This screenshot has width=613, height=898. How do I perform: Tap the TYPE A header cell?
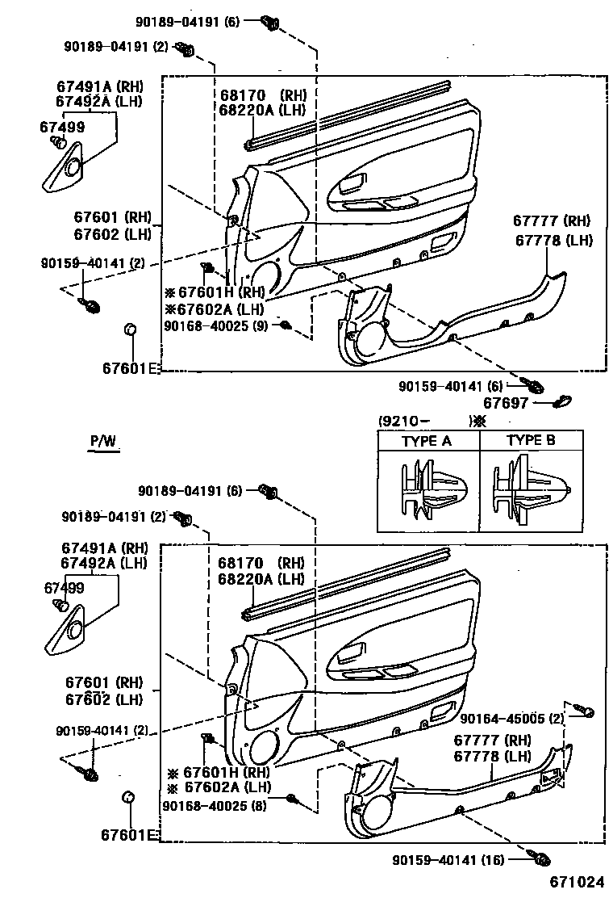click(x=427, y=441)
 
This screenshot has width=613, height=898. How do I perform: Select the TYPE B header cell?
click(x=530, y=441)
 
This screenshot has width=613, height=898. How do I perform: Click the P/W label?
click(x=103, y=441)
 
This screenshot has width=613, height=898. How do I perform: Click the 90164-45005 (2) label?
click(x=513, y=718)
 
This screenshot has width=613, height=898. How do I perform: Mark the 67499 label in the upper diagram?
click(x=62, y=126)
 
